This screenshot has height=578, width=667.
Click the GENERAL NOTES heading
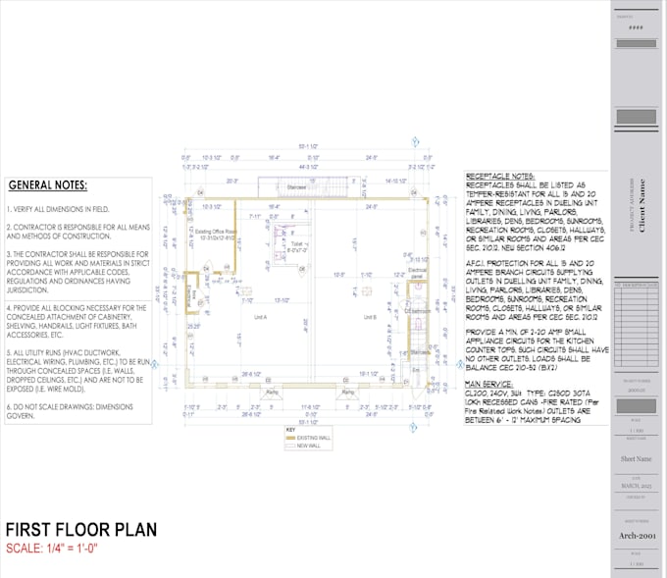point(48,185)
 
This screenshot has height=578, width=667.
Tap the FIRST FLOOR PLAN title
point(81,530)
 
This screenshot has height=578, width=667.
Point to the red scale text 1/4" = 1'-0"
point(63,548)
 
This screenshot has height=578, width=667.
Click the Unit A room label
point(260,318)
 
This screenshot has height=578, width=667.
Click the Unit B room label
point(369,318)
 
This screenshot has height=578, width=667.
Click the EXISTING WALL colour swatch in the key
point(290,437)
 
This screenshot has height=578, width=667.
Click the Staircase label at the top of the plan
point(298,187)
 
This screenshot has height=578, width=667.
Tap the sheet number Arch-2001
point(639,536)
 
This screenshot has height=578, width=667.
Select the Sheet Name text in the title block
point(638,458)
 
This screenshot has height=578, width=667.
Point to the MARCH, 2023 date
point(638,486)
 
